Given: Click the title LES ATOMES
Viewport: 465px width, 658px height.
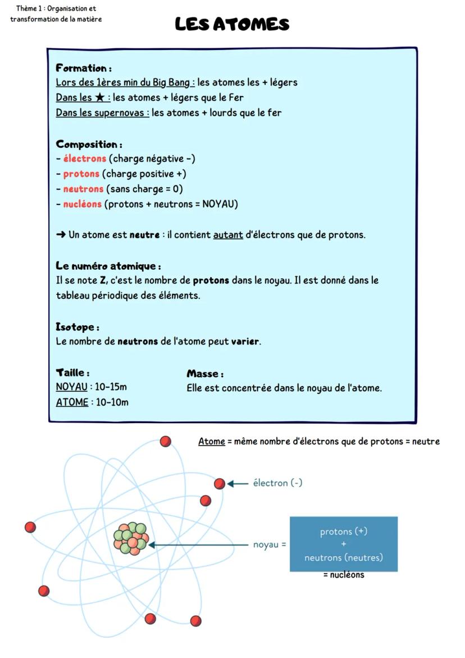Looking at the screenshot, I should point(232,24).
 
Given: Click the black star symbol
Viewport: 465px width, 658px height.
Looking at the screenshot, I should point(99,97).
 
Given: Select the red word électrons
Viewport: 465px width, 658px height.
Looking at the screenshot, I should point(84,158).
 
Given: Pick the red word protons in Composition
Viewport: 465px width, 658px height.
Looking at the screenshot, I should point(81,174).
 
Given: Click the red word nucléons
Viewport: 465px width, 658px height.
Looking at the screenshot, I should point(82,204).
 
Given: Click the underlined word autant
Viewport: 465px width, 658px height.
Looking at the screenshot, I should point(228,235).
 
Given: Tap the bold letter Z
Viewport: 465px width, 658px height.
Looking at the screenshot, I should point(102,280).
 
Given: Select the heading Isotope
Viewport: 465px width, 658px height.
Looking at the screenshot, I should point(76,326).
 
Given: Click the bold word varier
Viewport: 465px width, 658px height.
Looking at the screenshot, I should point(245,341).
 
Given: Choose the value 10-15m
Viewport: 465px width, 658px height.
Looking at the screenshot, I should point(111,387).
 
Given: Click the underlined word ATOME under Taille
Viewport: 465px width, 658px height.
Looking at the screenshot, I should point(72,402).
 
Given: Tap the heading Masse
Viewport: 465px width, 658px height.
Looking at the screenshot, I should point(204,373).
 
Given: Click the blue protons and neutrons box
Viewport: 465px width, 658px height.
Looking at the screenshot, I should point(343,544).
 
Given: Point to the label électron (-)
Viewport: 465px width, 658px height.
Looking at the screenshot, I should point(277,483).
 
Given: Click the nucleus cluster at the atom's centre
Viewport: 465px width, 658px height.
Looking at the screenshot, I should point(131,538).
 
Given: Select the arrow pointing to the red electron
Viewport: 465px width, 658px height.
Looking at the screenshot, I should point(238,483).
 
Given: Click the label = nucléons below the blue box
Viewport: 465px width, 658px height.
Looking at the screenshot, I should point(343,575).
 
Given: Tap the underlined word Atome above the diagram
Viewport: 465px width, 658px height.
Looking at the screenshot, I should point(211,442).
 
